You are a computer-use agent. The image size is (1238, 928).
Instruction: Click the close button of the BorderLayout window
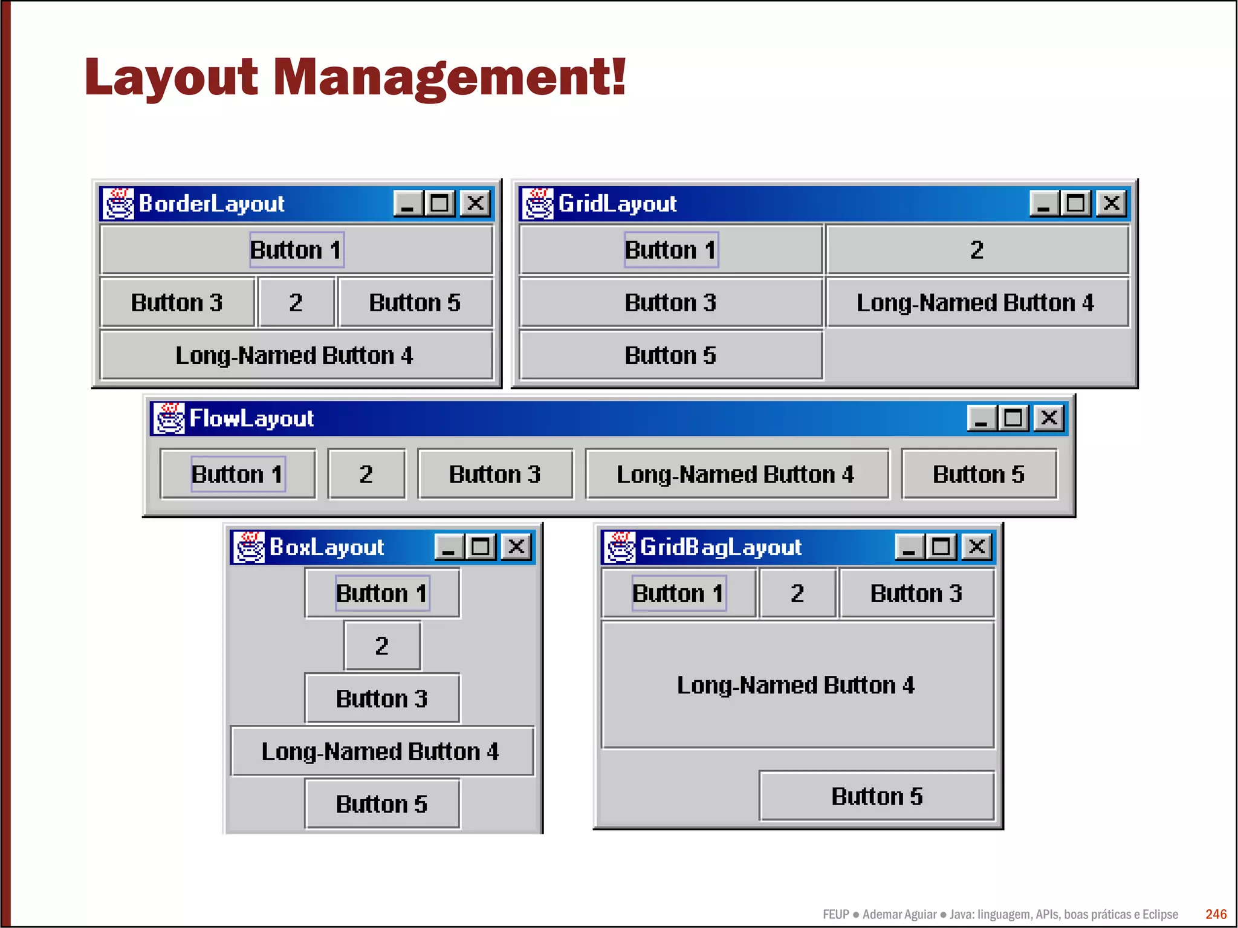coord(475,203)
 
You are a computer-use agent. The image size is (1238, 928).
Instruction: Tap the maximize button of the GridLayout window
coord(1075,203)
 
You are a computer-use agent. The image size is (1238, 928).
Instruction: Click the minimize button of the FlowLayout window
coord(981,418)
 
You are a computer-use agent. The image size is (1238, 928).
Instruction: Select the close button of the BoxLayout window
coord(516,547)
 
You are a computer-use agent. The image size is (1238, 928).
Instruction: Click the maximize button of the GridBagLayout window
coord(941,547)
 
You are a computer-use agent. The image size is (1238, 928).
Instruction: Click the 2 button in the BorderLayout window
coord(296,302)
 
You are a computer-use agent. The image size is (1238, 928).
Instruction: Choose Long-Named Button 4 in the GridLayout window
coord(976,302)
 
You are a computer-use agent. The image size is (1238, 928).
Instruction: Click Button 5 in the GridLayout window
coord(670,355)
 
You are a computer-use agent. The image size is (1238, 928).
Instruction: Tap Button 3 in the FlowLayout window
coord(495,475)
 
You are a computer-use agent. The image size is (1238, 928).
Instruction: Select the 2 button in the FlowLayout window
coord(366,475)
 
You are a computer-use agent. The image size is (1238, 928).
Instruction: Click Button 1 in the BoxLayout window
coord(382,593)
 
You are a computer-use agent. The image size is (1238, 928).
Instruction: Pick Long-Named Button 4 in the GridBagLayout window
coord(797,685)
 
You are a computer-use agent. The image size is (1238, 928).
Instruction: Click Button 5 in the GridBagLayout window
coord(877,796)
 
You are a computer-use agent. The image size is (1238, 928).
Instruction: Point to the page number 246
coord(1216,914)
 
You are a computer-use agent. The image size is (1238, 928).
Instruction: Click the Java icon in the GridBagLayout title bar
coord(620,547)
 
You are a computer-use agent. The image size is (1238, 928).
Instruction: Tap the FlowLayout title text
coord(251,418)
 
